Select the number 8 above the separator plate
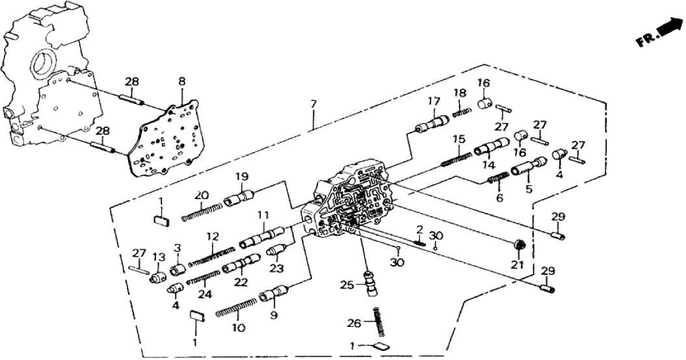point(182,81)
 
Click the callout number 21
point(518,265)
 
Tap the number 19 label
point(242,177)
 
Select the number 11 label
point(263,215)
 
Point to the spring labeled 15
point(456,159)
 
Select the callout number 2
point(420,229)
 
